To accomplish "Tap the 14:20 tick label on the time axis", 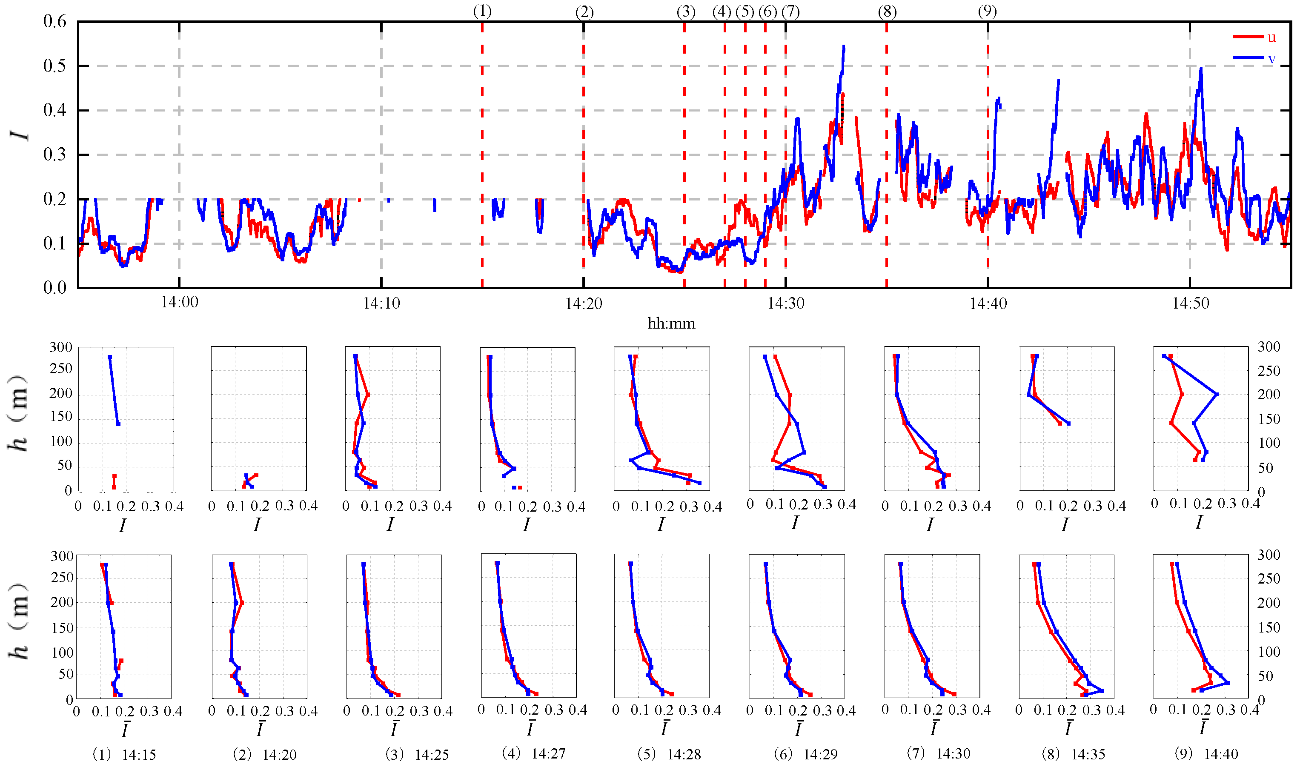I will pos(584,303).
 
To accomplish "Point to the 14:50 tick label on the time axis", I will pos(1191,303).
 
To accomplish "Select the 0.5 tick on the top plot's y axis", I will pos(54,66).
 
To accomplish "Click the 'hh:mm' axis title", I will pos(671,324).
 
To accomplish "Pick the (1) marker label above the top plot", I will pos(482,11).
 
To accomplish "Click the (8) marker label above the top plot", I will pos(887,11).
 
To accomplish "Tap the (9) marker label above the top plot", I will pos(987,11).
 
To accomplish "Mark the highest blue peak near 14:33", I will pos(844,47).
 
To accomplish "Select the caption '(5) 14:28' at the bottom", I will pos(669,754).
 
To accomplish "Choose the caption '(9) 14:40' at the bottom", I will pos(1206,754).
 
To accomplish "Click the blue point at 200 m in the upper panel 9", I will pos(1217,394).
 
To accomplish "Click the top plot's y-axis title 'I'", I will pos(21,135).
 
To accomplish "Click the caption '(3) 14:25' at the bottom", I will pos(417,754).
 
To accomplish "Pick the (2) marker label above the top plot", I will pos(584,12).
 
